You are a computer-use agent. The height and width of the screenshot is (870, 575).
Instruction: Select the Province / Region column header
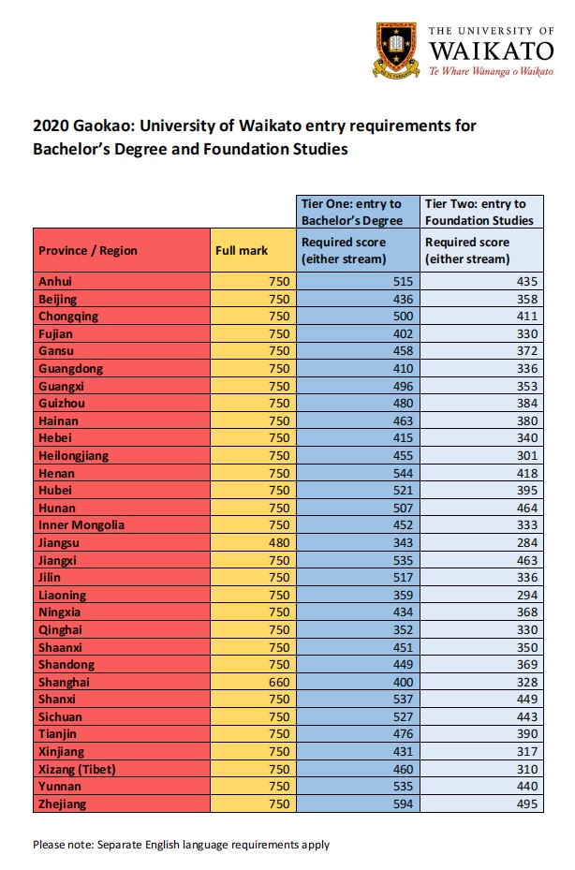[x=88, y=250]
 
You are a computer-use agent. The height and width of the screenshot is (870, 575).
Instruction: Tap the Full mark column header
[x=242, y=250]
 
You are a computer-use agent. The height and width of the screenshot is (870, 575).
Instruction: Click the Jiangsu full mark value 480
[x=279, y=542]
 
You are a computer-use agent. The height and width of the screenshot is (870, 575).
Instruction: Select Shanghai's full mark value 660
[x=279, y=682]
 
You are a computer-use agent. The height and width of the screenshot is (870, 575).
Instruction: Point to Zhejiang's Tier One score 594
[x=401, y=804]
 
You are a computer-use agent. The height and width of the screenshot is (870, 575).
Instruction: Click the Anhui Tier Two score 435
[x=528, y=281]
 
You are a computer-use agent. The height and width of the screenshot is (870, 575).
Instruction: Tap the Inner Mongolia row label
[x=81, y=524]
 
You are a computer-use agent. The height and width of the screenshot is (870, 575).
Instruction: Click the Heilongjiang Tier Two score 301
[x=528, y=455]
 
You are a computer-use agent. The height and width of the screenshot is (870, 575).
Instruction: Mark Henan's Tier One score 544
[x=401, y=473]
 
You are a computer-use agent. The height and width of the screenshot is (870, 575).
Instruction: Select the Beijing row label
[x=58, y=299]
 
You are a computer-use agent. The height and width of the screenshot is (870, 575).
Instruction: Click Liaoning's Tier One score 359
[x=401, y=595]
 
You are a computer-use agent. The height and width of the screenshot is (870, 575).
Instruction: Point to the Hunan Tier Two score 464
[x=528, y=508]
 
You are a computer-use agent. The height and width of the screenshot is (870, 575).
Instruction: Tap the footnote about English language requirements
[x=181, y=845]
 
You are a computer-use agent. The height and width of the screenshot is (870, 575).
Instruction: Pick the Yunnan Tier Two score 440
[x=528, y=787]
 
